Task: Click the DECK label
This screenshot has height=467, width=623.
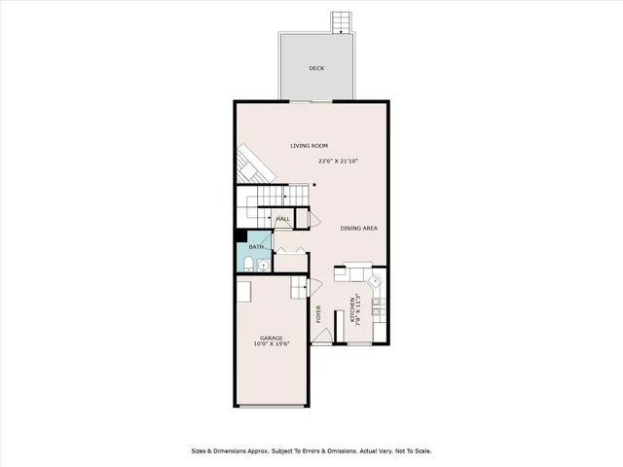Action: click(316, 68)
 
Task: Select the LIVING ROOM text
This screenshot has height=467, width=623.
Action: click(309, 146)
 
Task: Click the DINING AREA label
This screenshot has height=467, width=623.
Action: click(358, 229)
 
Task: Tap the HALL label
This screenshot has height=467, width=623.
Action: click(283, 219)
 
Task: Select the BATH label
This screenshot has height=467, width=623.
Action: click(255, 247)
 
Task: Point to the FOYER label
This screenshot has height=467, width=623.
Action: click(318, 313)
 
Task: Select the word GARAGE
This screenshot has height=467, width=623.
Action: click(271, 338)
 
